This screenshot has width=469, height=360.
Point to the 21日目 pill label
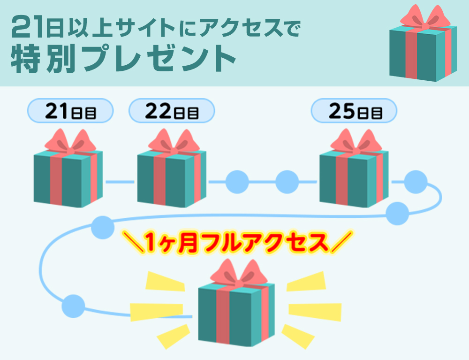(71, 111)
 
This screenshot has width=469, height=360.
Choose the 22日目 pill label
(172, 111)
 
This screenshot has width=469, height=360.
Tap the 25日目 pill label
(354, 111)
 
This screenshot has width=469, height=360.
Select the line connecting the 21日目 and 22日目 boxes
(120, 181)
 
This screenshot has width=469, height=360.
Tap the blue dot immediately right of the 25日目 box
(416, 182)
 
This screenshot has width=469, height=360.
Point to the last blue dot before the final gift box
(74, 306)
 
